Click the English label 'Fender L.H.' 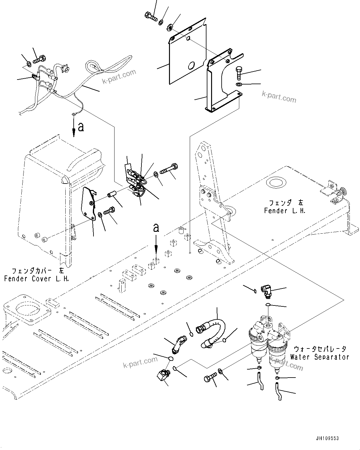[x=284, y=211]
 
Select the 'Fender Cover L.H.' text [x=36, y=279]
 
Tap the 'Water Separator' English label [x=319, y=357]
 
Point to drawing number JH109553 [x=327, y=439]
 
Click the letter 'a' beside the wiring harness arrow [x=81, y=127]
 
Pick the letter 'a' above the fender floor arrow [x=156, y=228]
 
